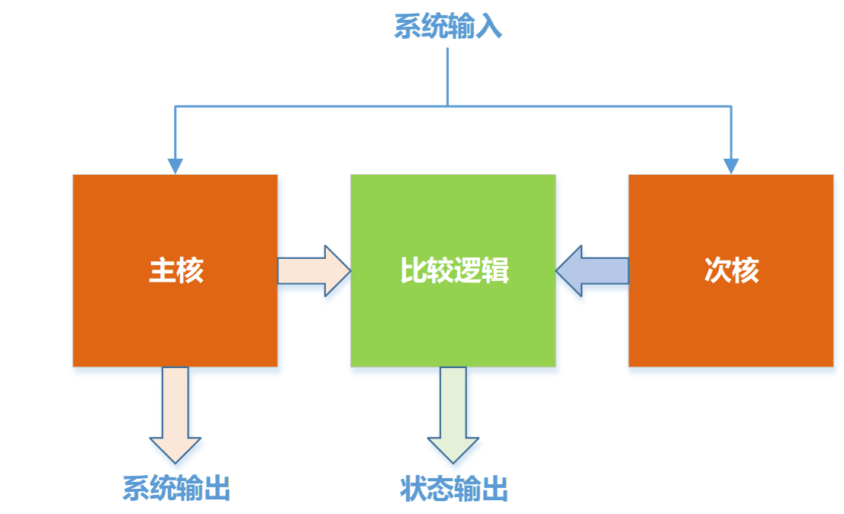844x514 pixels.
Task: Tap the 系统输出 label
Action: pyautogui.click(x=176, y=489)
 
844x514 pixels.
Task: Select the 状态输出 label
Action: pyautogui.click(x=454, y=489)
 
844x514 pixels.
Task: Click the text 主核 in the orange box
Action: pyautogui.click(x=176, y=271)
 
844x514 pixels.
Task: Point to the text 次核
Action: pyautogui.click(x=731, y=271)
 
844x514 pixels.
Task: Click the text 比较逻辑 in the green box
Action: pyautogui.click(x=454, y=271)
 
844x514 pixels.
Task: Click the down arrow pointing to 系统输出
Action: pyautogui.click(x=176, y=416)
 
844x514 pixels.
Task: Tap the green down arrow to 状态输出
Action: pyautogui.click(x=454, y=416)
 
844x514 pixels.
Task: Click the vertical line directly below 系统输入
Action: pyautogui.click(x=448, y=76)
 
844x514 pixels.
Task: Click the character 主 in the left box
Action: pyautogui.click(x=163, y=271)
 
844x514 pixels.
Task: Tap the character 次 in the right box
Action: pyautogui.click(x=717, y=271)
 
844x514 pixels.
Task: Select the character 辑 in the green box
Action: pyautogui.click(x=495, y=271)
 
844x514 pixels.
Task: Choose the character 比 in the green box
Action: pyautogui.click(x=414, y=271)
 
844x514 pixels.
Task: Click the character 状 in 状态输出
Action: pyautogui.click(x=414, y=489)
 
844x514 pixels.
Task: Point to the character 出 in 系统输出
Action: pyautogui.click(x=217, y=489)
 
